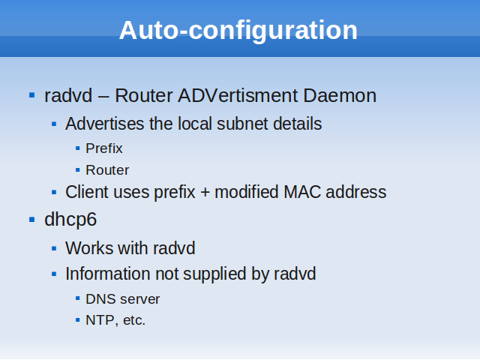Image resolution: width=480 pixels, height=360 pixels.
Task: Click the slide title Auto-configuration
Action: (x=238, y=31)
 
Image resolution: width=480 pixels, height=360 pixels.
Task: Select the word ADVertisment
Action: (x=238, y=95)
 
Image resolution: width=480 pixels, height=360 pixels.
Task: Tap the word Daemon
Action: (x=340, y=95)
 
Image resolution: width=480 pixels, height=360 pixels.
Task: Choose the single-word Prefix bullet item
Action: (x=104, y=148)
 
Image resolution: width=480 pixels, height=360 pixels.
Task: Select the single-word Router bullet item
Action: (x=107, y=170)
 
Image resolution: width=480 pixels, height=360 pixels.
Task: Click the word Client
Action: (x=87, y=192)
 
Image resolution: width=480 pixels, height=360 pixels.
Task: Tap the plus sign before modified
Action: (x=205, y=193)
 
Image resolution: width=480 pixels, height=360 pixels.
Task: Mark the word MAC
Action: (x=302, y=192)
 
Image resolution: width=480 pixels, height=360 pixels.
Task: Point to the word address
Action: (x=356, y=192)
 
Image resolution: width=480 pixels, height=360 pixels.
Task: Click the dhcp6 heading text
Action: (x=70, y=220)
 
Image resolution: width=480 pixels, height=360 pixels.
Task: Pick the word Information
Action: (x=108, y=274)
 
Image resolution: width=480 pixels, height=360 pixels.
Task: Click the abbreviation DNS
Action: (x=98, y=299)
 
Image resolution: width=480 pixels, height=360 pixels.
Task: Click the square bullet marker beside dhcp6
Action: (x=31, y=220)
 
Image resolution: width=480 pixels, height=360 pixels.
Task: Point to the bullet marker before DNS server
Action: (x=78, y=298)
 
